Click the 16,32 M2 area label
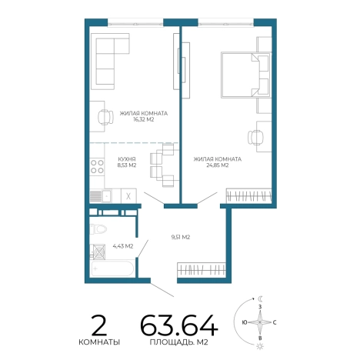pos(144,120)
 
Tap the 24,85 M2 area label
pos(218,165)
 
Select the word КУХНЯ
pos(127,159)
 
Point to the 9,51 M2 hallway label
pos(181,237)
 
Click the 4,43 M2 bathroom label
pos(123,246)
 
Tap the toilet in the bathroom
pos(98,228)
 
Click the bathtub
pos(112,268)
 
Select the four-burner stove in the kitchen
pos(97,166)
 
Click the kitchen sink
pos(107,196)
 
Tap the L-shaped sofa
pos(109,62)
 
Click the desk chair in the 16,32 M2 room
pos(105,117)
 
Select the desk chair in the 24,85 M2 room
pos(255,138)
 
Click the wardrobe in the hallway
pos(202,269)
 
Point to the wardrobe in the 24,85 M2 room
pos(248,196)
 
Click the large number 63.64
pos(179,325)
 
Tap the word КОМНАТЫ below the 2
pos(99,342)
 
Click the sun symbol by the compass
pos(260,347)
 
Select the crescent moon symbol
pos(261,298)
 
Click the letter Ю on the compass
pos(245,322)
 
